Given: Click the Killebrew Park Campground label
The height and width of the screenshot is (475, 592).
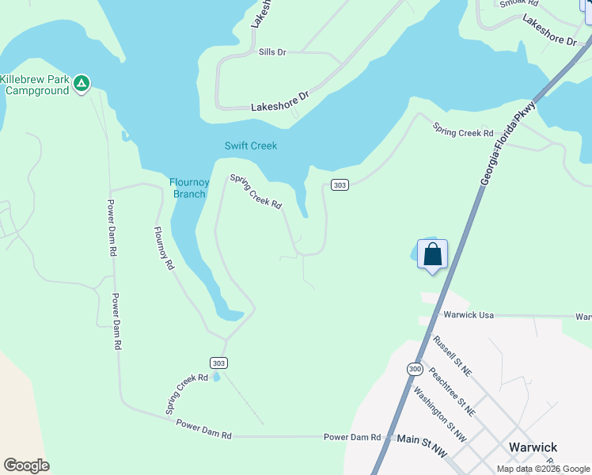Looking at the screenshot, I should pyautogui.click(x=36, y=85).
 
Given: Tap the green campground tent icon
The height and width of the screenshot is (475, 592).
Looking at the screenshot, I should pyautogui.click(x=82, y=83).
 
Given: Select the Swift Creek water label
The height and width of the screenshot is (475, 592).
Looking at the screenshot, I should pyautogui.click(x=251, y=146).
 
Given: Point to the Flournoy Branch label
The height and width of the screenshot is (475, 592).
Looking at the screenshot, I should pyautogui.click(x=189, y=188).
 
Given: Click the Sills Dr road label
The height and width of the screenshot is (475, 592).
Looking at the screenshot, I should pyautogui.click(x=272, y=52).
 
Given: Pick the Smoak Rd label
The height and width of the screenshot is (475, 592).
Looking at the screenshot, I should pyautogui.click(x=519, y=3).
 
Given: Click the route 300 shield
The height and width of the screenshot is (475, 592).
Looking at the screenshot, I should pyautogui.click(x=416, y=369).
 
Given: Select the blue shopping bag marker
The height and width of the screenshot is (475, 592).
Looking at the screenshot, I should pyautogui.click(x=432, y=255).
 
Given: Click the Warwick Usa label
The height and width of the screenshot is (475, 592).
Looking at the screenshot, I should pyautogui.click(x=469, y=315).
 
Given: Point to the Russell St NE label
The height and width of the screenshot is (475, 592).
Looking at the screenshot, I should pyautogui.click(x=452, y=355).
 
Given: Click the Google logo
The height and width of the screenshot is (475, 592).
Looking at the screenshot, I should pyautogui.click(x=26, y=465).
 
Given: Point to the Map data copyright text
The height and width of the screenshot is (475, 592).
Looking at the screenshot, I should pyautogui.click(x=543, y=469).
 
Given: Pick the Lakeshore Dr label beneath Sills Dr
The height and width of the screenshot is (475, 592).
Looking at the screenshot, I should pyautogui.click(x=279, y=106).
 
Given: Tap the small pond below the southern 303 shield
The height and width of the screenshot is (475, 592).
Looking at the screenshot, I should pyautogui.click(x=215, y=378).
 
